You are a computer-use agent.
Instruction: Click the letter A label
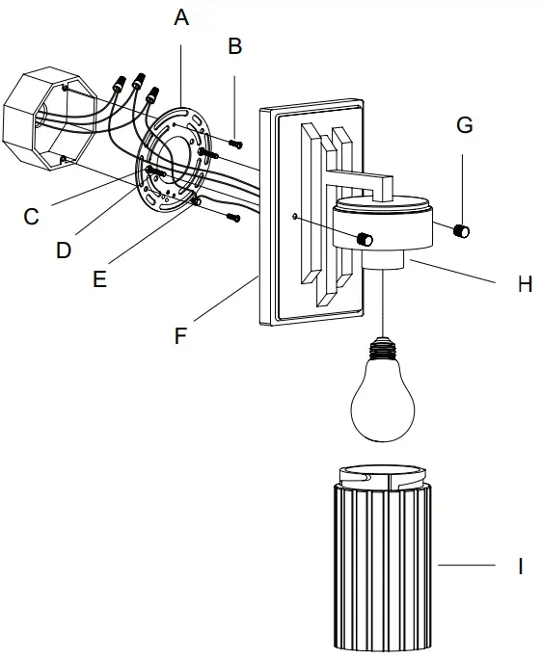point(182,17)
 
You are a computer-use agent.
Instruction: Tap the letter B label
point(235,45)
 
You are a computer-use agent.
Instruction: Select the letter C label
point(32,216)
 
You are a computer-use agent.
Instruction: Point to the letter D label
point(64,250)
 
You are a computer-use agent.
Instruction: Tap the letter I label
point(520,566)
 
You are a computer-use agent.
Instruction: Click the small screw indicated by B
point(236,144)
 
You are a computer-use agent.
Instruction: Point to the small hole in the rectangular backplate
point(294,218)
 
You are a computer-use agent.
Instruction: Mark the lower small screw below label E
point(231,217)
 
